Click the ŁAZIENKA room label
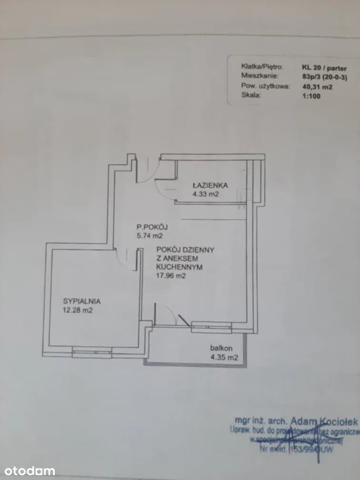point(210,185)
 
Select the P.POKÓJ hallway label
point(151,227)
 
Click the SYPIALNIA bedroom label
point(82,301)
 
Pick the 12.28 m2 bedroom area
point(77,310)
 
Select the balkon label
point(221,348)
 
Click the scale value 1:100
point(311,95)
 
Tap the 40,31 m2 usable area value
point(317,87)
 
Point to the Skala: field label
point(251,95)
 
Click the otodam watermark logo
point(28,471)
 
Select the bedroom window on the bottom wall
point(92,352)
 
